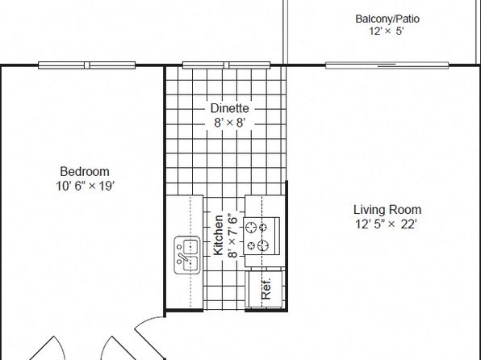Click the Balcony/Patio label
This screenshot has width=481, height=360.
(x=387, y=19)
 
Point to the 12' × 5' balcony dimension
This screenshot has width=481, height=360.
(x=387, y=31)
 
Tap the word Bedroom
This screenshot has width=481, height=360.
(x=85, y=171)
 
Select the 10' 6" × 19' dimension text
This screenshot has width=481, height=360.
(x=86, y=186)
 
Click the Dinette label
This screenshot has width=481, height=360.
(x=230, y=108)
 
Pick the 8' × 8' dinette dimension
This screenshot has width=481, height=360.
(x=230, y=123)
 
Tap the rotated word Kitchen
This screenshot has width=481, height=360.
(x=218, y=235)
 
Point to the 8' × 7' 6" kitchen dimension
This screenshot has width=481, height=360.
(x=232, y=234)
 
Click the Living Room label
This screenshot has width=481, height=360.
(x=387, y=210)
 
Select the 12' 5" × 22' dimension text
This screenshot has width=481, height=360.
(x=387, y=224)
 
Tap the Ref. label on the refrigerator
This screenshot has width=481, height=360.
(x=266, y=289)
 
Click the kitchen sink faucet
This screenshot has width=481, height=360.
(x=182, y=257)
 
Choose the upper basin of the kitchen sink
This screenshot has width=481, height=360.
(x=190, y=247)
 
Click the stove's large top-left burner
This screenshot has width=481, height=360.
(x=251, y=228)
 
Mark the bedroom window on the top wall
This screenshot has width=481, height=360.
(x=87, y=65)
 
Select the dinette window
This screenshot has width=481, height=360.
(x=227, y=65)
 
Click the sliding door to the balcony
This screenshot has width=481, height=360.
(x=387, y=65)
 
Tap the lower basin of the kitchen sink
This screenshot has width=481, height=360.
(x=190, y=264)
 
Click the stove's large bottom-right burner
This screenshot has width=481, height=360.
(x=263, y=245)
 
